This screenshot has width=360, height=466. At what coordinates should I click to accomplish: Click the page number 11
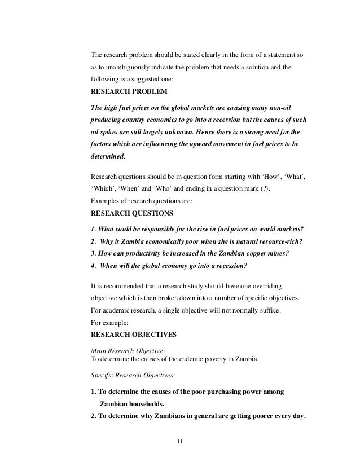(x=179, y=441)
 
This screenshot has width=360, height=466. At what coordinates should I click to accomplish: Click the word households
(x=142, y=405)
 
